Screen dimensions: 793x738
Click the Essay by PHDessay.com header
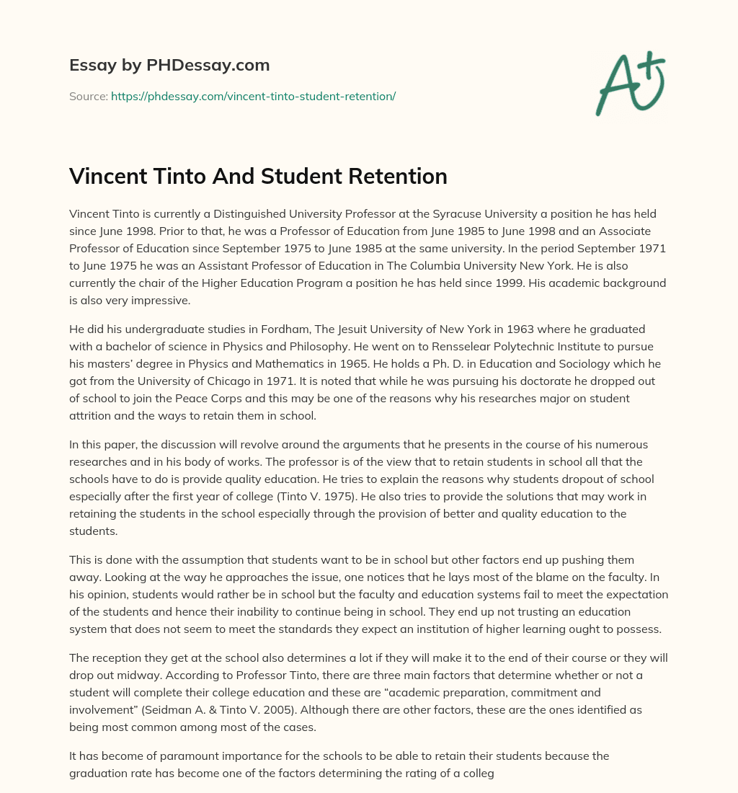pos(169,66)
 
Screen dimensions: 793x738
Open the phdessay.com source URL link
pos(253,96)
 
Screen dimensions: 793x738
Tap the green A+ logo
pos(629,83)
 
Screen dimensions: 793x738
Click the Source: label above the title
pos(88,96)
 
